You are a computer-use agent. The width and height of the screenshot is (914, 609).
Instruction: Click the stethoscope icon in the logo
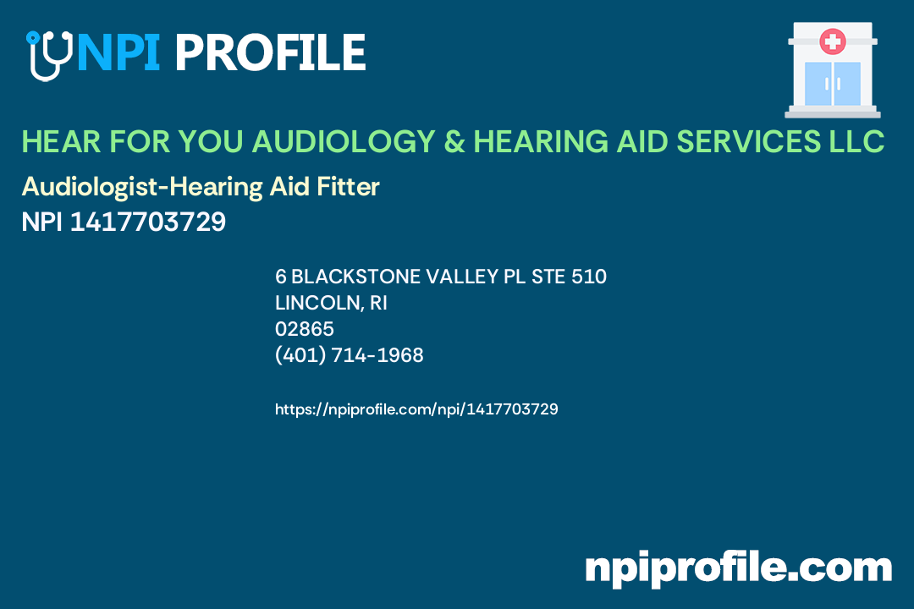(47, 55)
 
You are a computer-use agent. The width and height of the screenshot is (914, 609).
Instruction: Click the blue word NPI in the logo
(117, 53)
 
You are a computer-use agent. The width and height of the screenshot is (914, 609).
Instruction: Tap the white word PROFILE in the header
(270, 53)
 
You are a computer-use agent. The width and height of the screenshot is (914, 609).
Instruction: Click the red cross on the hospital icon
(833, 41)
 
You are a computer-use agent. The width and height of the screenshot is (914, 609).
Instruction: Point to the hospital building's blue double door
(833, 84)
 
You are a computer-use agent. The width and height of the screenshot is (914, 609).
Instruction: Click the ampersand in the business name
(454, 142)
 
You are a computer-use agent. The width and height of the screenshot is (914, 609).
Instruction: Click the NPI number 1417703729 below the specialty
(148, 222)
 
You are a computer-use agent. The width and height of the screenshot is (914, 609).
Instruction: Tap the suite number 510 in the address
(589, 277)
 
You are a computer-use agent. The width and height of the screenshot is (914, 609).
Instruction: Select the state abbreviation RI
(378, 303)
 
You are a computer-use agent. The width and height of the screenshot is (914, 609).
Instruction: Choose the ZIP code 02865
(305, 329)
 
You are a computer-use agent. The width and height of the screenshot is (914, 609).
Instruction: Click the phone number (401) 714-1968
(350, 355)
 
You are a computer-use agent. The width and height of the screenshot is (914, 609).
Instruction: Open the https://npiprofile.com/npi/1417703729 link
(416, 409)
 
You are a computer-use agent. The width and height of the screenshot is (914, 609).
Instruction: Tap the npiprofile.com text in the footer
(738, 568)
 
